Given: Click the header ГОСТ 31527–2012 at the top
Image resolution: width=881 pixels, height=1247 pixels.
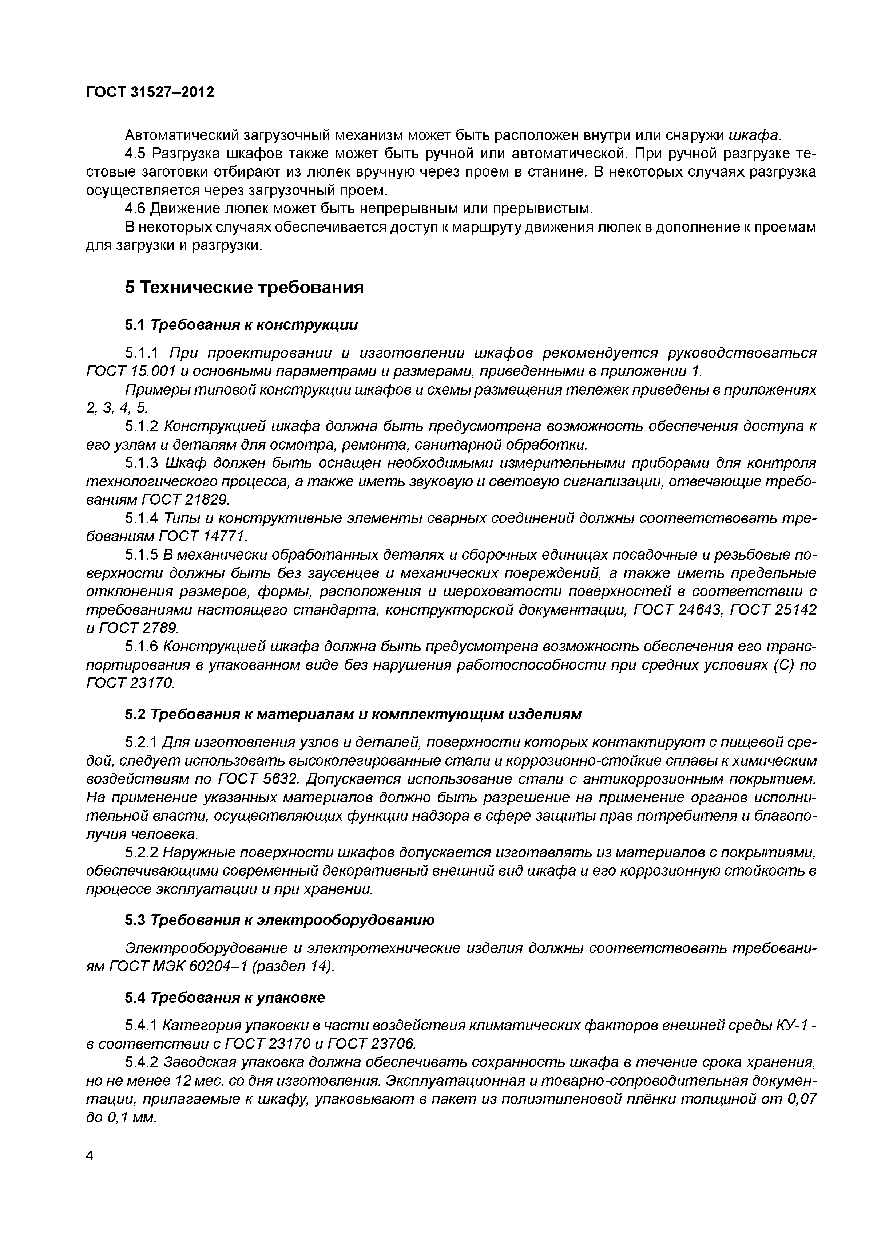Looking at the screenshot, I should click(150, 92).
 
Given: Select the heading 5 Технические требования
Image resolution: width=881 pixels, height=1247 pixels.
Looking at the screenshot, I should click(244, 287).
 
